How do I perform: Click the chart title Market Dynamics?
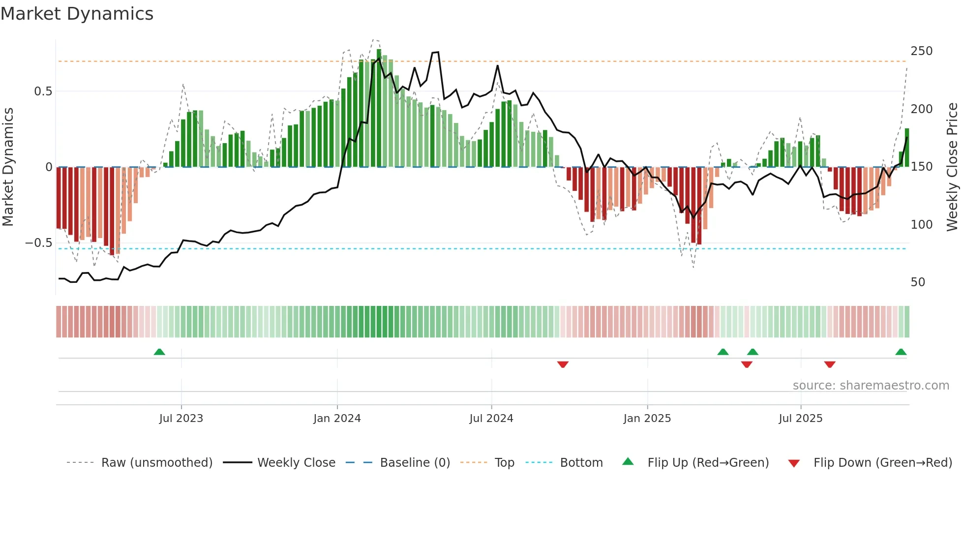pyautogui.click(x=77, y=14)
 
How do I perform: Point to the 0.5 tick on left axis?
pyautogui.click(x=43, y=91)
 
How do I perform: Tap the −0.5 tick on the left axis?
pyautogui.click(x=39, y=243)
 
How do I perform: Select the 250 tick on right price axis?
pyautogui.click(x=921, y=51)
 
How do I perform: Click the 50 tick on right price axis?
pyautogui.click(x=918, y=282)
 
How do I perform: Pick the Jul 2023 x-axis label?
pyautogui.click(x=181, y=419)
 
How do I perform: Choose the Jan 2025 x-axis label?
pyautogui.click(x=647, y=419)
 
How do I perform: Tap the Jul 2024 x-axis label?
pyautogui.click(x=491, y=419)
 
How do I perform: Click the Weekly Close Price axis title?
pyautogui.click(x=952, y=167)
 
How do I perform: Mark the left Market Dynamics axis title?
pyautogui.click(x=8, y=167)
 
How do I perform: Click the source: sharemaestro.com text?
pyautogui.click(x=871, y=386)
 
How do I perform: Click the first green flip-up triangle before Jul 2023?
pyautogui.click(x=159, y=352)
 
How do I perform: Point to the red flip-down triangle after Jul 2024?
pyautogui.click(x=563, y=364)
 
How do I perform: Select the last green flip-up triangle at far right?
pyautogui.click(x=901, y=352)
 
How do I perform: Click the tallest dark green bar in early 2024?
pyautogui.click(x=379, y=108)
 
